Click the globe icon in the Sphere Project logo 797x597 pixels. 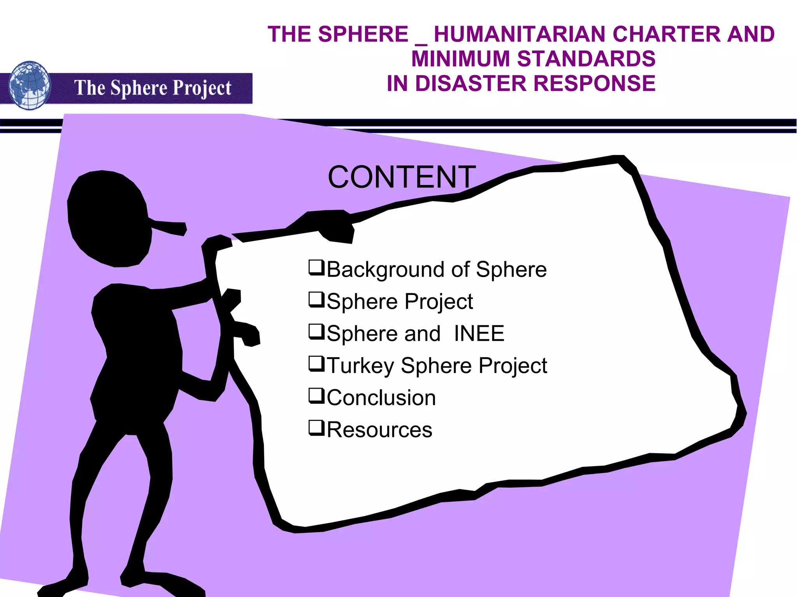pyautogui.click(x=30, y=86)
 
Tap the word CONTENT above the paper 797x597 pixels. pyautogui.click(x=402, y=177)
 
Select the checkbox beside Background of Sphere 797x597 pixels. pyautogui.click(x=316, y=267)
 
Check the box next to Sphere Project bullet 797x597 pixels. pyautogui.click(x=316, y=299)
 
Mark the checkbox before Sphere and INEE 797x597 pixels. pyautogui.click(x=316, y=332)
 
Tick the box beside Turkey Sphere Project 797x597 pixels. pyautogui.click(x=316, y=363)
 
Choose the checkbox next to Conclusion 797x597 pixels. pyautogui.click(x=316, y=396)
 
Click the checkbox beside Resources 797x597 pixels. pyautogui.click(x=316, y=428)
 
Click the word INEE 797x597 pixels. pyautogui.click(x=479, y=333)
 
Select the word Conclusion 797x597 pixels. pyautogui.click(x=381, y=398)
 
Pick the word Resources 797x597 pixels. pyautogui.click(x=379, y=430)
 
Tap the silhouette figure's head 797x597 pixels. pyautogui.click(x=109, y=218)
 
